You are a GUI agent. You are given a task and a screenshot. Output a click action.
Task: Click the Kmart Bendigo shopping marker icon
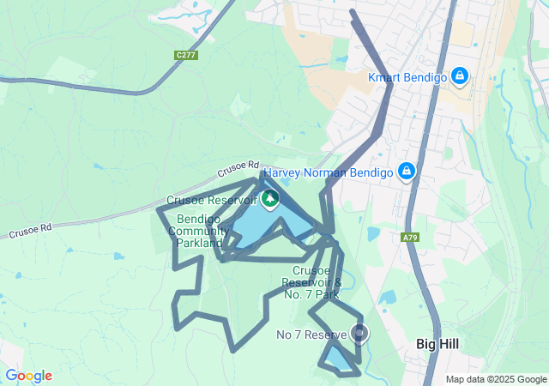[460, 76]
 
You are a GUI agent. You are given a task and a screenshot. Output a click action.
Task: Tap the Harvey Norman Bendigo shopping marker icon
[407, 172]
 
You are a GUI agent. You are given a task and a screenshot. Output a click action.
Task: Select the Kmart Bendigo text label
[407, 77]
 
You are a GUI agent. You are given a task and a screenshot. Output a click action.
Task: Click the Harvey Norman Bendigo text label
[328, 172]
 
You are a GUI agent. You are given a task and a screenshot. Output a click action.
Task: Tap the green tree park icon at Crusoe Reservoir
[270, 201]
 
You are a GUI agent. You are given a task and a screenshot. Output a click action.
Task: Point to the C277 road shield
[184, 55]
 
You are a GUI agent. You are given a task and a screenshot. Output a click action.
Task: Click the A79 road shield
[410, 236]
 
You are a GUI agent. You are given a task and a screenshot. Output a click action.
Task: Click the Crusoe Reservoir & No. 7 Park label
[311, 282]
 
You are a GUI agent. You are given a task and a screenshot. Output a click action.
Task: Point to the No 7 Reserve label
[311, 334]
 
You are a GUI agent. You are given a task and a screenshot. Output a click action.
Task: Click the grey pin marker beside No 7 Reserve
[359, 333]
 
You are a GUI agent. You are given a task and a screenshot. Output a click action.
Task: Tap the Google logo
[28, 376]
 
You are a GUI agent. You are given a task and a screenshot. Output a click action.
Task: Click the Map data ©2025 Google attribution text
[495, 379]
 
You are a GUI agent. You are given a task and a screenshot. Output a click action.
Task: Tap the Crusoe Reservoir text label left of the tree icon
[211, 201]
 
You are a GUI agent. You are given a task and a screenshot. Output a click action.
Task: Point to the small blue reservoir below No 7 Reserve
[341, 359]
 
